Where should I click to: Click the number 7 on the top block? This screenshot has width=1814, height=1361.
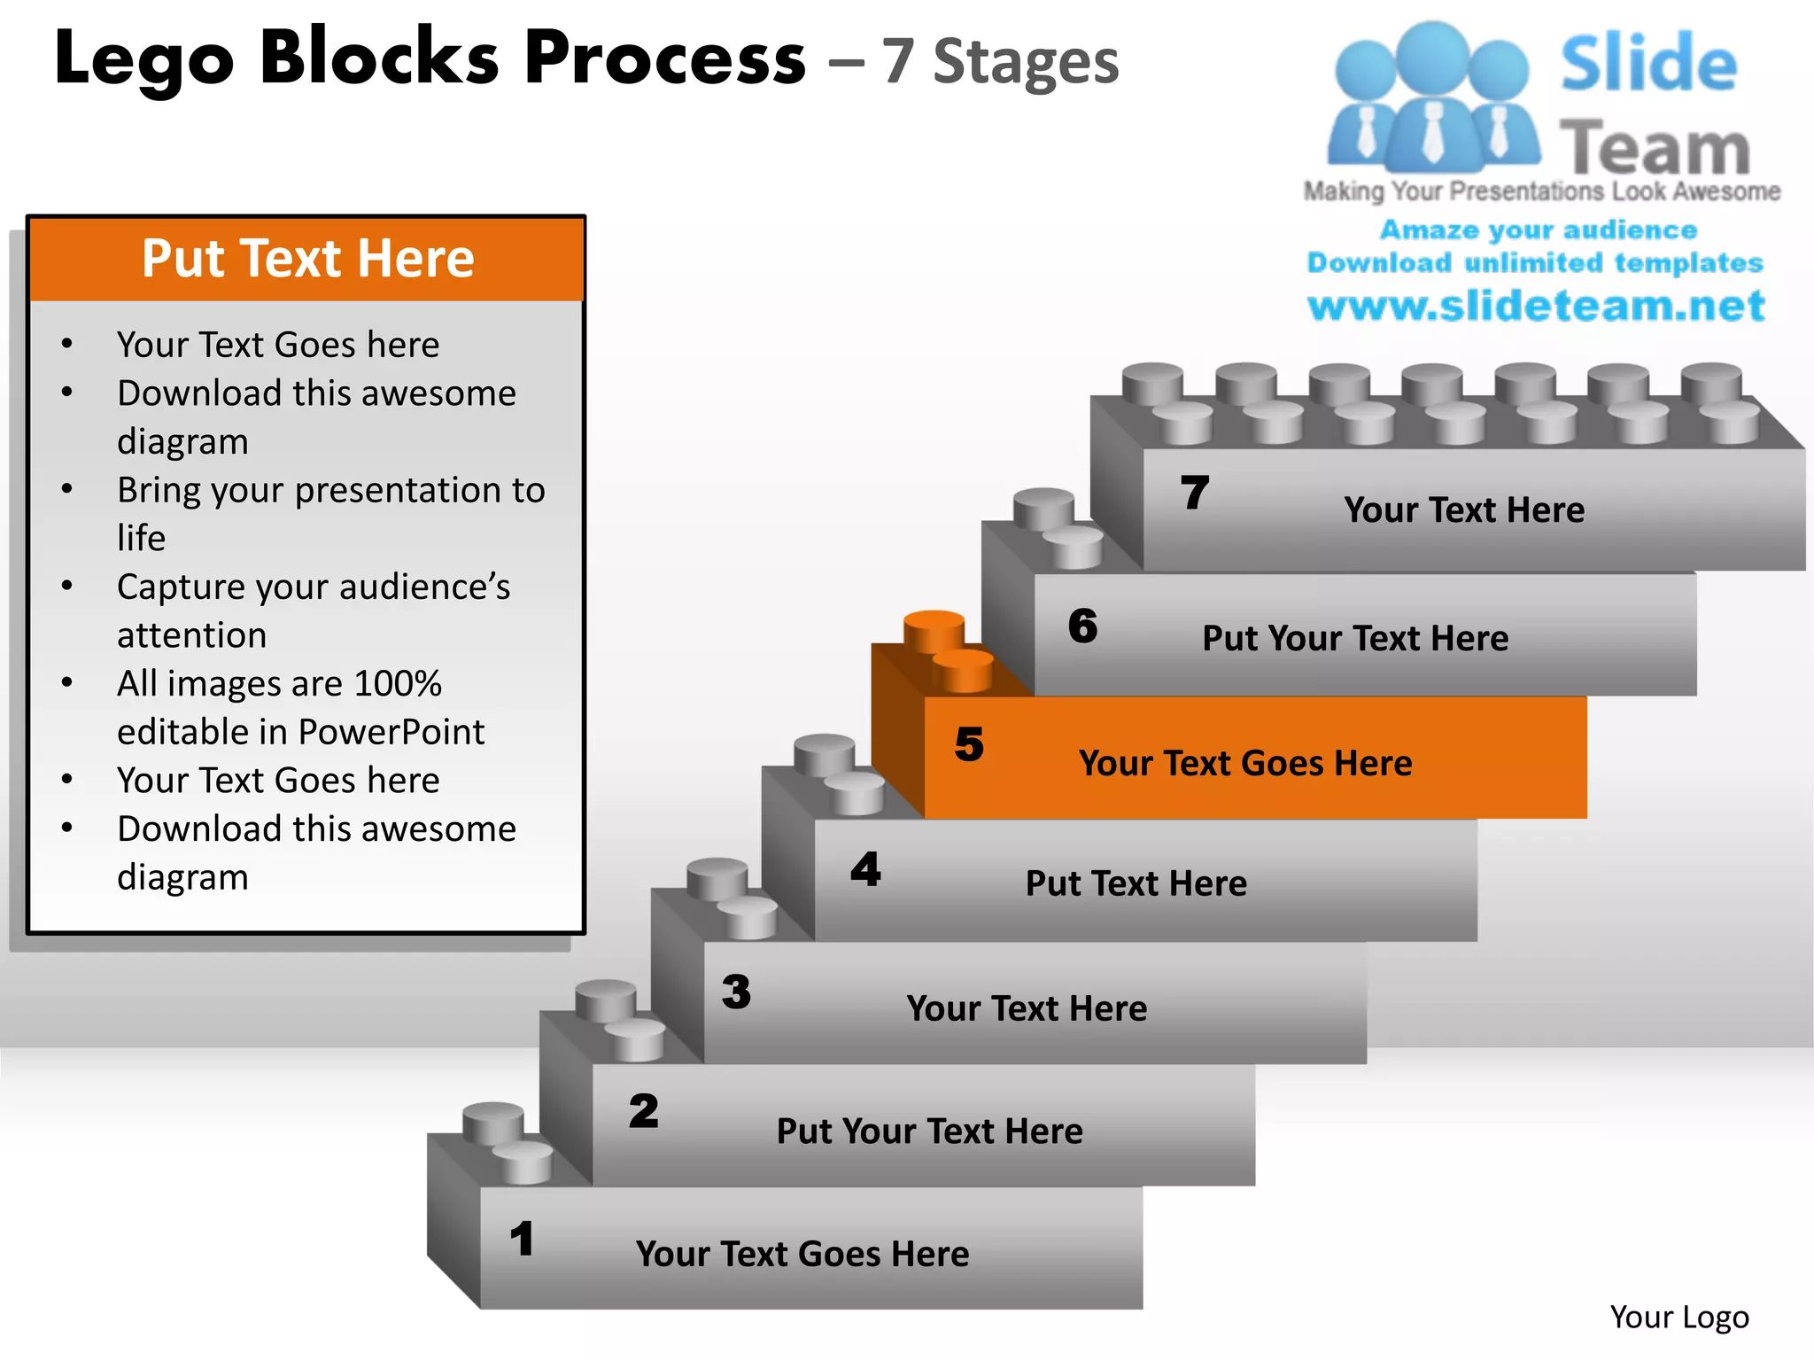1195,493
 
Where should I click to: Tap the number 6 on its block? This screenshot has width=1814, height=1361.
1082,626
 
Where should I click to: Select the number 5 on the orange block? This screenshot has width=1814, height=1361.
969,744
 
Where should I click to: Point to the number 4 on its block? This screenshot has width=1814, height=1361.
865,869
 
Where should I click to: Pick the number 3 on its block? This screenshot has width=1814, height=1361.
736,992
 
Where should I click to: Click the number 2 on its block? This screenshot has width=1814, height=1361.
644,1112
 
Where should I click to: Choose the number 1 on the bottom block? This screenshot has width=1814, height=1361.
522,1239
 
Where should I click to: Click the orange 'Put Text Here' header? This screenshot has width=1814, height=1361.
307,259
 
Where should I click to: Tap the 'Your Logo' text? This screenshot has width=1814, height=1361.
1678,1318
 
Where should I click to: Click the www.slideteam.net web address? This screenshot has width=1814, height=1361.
1536,306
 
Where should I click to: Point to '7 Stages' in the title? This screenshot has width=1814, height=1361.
1000,62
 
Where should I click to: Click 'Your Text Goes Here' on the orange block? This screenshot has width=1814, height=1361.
1244,763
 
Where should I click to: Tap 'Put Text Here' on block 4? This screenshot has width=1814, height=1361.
1136,883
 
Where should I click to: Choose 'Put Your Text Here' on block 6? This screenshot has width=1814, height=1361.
1354,638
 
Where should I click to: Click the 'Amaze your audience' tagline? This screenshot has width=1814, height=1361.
1538,230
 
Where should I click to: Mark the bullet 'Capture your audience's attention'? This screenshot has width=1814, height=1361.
314,611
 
